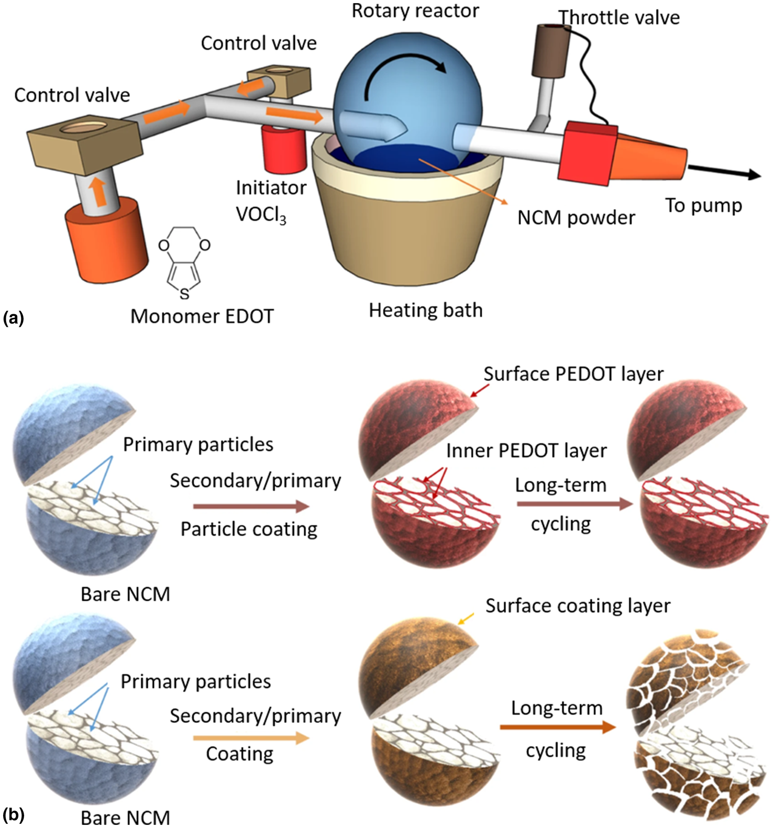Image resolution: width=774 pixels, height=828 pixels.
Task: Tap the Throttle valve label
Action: tap(619, 18)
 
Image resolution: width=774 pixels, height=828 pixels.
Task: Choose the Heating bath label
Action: tap(426, 310)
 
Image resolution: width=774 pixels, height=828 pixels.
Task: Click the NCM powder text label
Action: tap(576, 217)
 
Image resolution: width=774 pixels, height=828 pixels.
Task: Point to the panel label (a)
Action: tap(13, 318)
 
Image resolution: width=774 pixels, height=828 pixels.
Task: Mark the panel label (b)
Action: tap(13, 814)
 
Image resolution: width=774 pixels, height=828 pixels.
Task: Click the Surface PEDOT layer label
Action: tap(573, 374)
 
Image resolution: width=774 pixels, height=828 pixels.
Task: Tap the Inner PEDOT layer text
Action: tap(526, 450)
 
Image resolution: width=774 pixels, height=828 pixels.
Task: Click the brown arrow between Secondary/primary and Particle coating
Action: tap(251, 506)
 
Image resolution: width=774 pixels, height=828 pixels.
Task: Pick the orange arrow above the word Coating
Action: tap(251, 737)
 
